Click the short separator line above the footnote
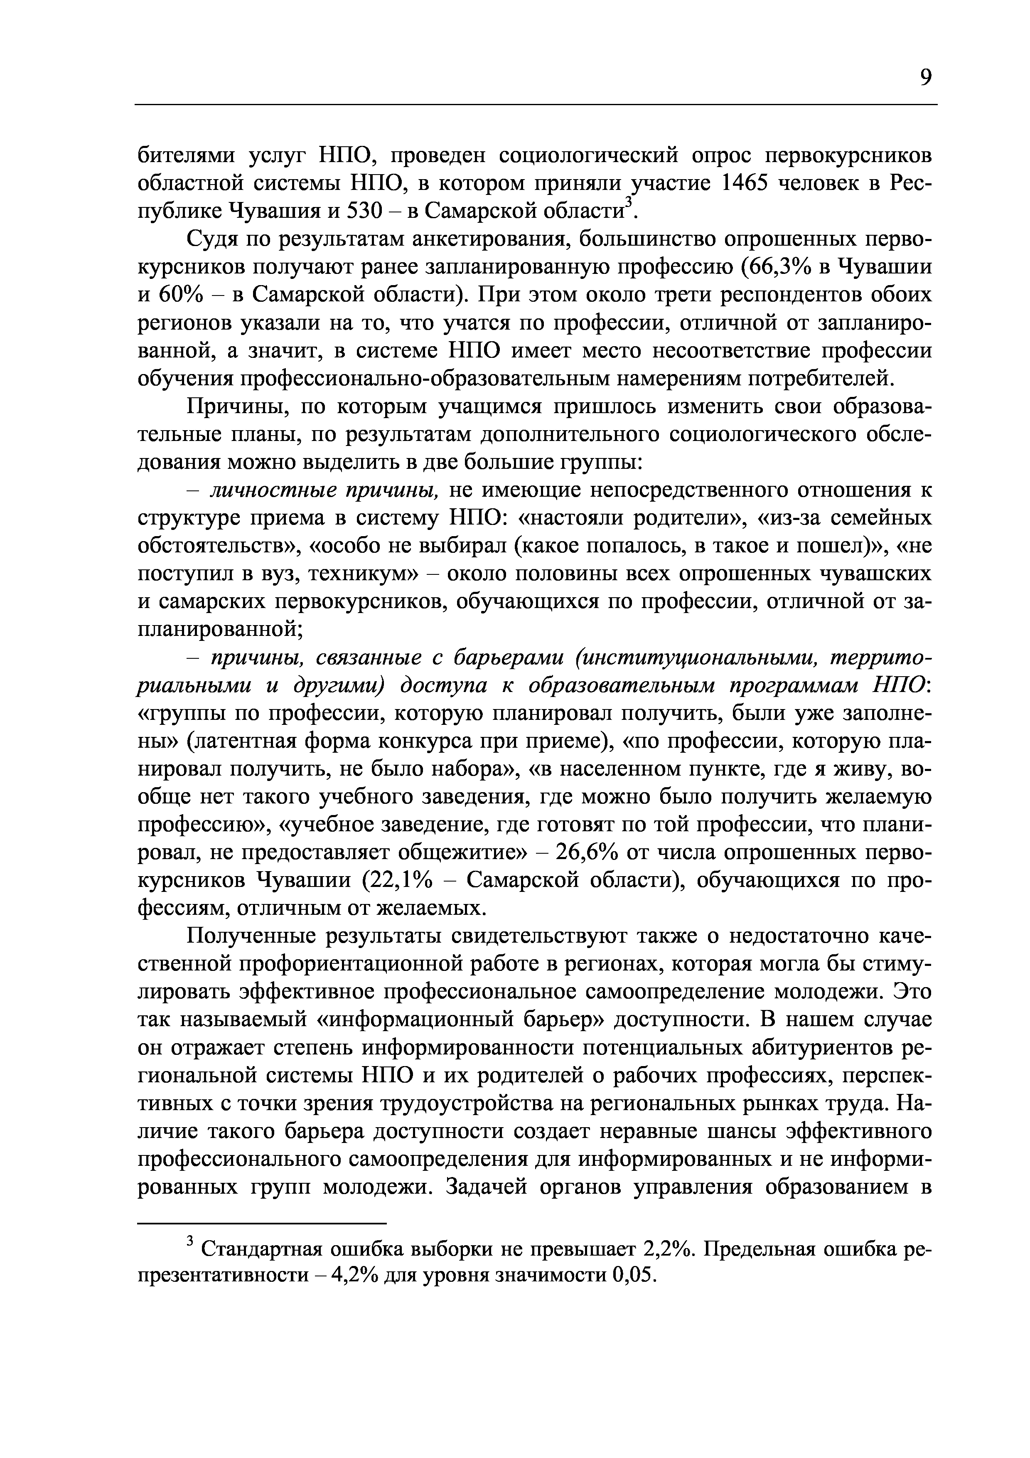tap(262, 1223)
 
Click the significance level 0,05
tap(633, 1275)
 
